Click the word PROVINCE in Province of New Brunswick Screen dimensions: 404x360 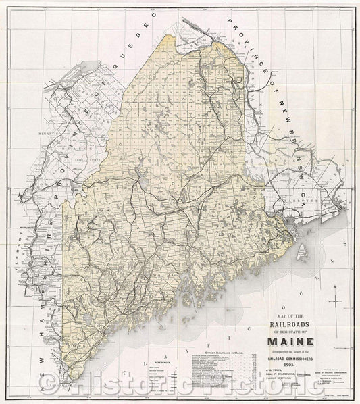(x=250, y=41)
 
